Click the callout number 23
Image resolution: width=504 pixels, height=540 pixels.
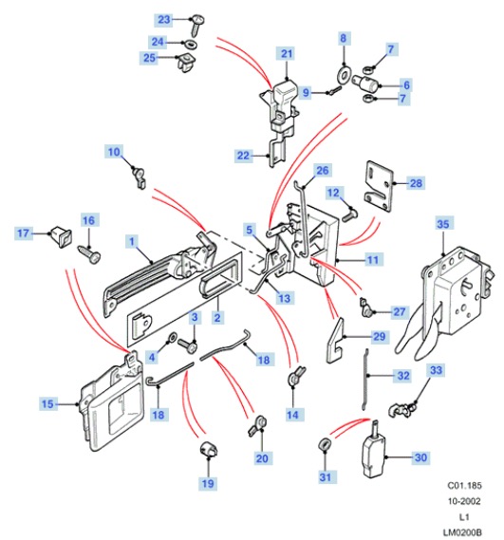[164, 19]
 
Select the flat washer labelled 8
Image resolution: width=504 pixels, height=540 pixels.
[344, 74]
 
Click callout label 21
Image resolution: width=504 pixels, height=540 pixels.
[287, 54]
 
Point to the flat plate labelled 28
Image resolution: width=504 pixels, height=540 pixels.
[379, 186]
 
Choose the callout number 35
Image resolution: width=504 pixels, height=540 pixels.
[442, 224]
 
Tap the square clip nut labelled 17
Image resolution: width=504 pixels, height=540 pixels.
[62, 235]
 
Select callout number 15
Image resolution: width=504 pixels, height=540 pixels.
[47, 403]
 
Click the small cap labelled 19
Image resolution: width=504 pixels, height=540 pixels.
[209, 448]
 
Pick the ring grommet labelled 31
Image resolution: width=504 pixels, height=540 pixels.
[325, 443]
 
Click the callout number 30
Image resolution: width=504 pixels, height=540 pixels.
[420, 457]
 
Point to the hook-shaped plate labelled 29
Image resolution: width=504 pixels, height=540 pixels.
[335, 341]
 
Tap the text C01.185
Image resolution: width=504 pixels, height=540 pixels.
[464, 486]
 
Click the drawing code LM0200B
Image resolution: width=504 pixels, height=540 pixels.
[462, 532]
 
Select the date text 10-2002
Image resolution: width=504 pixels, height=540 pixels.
[464, 501]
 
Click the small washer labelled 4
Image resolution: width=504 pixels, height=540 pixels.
[172, 337]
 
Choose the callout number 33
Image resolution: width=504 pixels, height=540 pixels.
[436, 370]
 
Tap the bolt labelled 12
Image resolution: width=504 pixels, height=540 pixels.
[350, 214]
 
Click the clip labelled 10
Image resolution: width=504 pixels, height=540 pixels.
[139, 177]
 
